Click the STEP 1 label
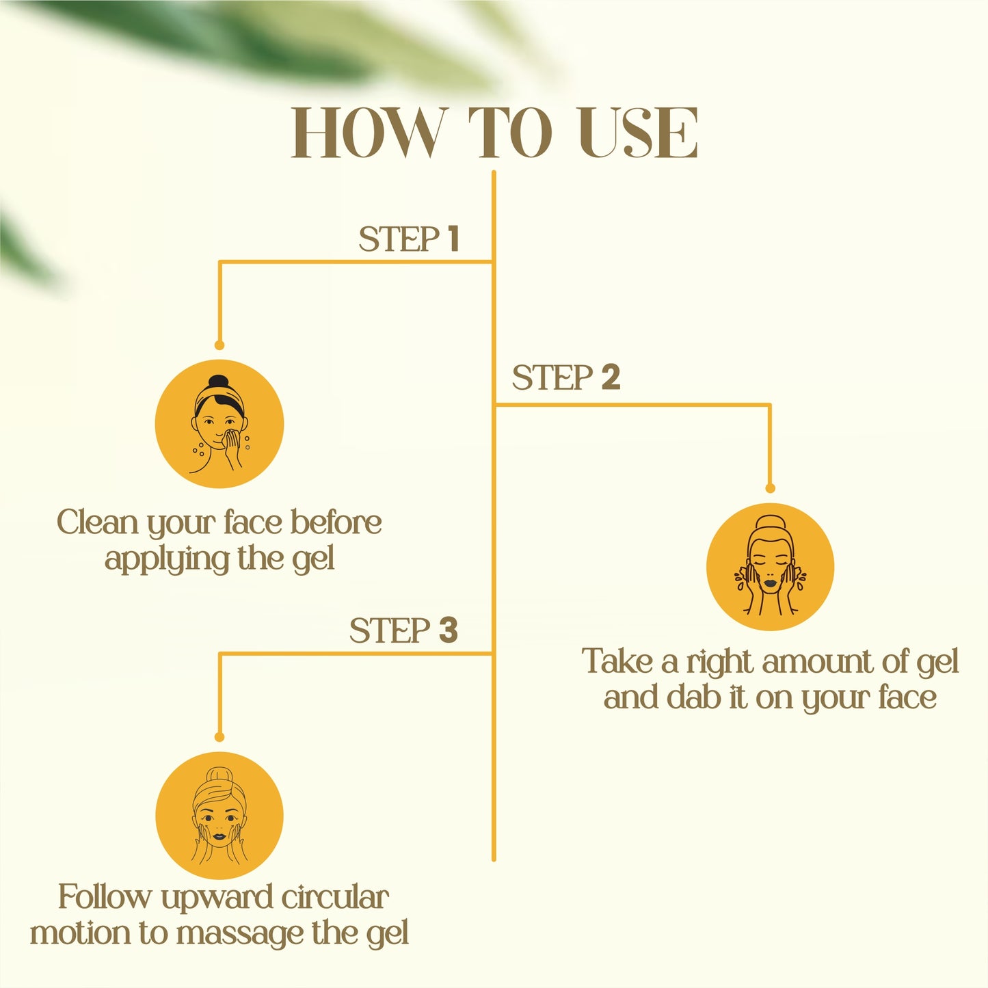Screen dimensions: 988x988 click(408, 239)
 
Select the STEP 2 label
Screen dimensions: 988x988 click(565, 377)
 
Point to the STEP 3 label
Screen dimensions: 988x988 click(403, 630)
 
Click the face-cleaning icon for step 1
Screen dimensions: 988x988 click(219, 424)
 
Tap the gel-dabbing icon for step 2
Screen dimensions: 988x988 click(770, 568)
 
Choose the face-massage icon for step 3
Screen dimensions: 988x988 click(219, 816)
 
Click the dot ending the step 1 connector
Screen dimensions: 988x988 click(219, 345)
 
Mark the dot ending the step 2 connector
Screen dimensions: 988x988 click(770, 488)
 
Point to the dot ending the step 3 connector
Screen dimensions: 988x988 click(219, 737)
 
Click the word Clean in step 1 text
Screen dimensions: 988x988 click(97, 523)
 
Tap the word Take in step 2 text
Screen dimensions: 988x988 click(616, 662)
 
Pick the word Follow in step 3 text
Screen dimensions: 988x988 click(103, 898)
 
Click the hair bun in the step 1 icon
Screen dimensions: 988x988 click(218, 382)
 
